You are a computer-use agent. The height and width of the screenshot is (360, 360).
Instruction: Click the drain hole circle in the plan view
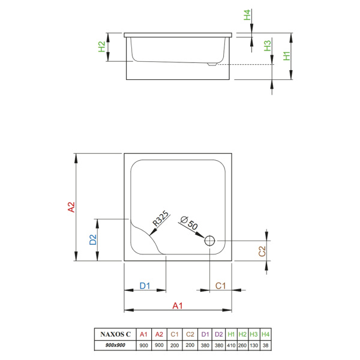coord(210,241)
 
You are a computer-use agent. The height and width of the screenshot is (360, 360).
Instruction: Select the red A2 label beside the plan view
coord(71,208)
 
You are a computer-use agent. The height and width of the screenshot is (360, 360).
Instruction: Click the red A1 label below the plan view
coord(178,306)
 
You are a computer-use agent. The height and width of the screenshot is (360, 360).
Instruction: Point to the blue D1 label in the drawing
coord(144,286)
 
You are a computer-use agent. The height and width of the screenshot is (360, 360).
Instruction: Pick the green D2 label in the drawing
coord(92,240)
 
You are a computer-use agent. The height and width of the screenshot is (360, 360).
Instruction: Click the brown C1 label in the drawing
coord(220,286)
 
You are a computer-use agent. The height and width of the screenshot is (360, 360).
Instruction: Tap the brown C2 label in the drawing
coord(262,252)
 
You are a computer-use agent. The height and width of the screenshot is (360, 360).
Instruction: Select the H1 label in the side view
coord(287,56)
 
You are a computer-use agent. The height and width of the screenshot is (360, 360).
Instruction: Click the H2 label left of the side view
coord(102,45)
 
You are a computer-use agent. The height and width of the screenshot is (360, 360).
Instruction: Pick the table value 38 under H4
coord(266,346)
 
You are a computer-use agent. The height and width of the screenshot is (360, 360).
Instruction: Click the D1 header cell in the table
coord(205,334)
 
